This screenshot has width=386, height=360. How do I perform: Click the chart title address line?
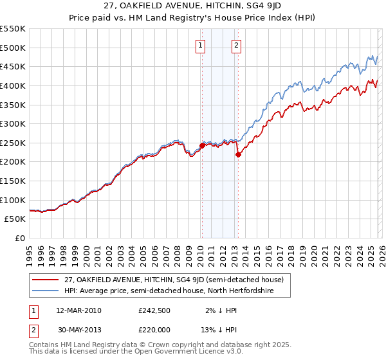[x=192, y=6]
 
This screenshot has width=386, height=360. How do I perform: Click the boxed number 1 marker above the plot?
[x=201, y=45]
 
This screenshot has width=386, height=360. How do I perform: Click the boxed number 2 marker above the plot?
[x=237, y=45]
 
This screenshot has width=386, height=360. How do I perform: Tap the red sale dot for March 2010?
[x=201, y=146]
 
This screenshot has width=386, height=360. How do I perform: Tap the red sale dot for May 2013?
[x=237, y=154]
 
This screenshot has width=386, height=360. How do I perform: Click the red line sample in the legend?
[x=45, y=279]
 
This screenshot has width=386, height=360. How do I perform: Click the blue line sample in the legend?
[x=45, y=291]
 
